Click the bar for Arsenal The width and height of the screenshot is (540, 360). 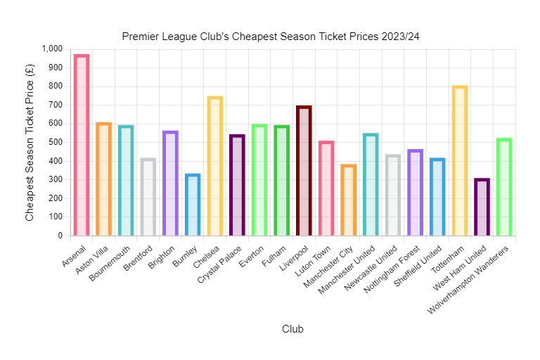pyautogui.click(x=82, y=146)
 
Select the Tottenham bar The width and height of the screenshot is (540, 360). pyautogui.click(x=460, y=161)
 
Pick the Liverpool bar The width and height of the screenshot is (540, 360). pyautogui.click(x=304, y=171)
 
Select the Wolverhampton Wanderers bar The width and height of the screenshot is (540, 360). pyautogui.click(x=504, y=187)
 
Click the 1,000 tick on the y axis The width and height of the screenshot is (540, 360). pyautogui.click(x=53, y=49)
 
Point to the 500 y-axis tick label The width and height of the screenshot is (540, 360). pyautogui.click(x=56, y=143)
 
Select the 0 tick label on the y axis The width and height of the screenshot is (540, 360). pyautogui.click(x=60, y=236)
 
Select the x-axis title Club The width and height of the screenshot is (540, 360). pyautogui.click(x=292, y=329)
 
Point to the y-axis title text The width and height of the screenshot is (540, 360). pyautogui.click(x=30, y=142)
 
